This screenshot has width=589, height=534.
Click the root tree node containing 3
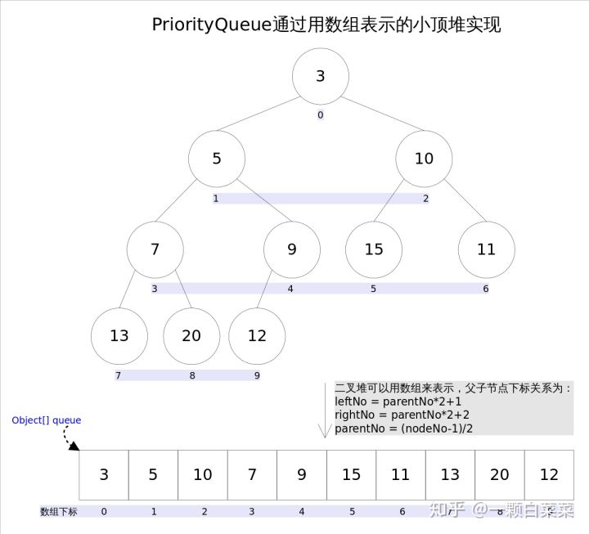coord(321,76)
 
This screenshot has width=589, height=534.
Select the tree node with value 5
coord(217,158)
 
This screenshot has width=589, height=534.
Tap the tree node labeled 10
coord(424,158)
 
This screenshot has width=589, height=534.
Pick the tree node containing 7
coord(155,249)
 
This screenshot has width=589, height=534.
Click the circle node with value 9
coord(292,249)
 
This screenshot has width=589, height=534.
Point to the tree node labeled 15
coord(374,249)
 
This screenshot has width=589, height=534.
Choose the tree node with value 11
coord(487,249)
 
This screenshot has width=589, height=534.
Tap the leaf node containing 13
coord(119,335)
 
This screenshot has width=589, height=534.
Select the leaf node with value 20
coord(191,335)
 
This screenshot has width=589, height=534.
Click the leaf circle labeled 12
coord(257,335)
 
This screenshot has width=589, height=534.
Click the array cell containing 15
coord(352,474)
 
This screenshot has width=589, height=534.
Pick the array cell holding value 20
coord(500,474)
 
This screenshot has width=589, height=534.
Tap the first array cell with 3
coord(104,474)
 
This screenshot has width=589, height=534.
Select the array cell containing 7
coord(253,474)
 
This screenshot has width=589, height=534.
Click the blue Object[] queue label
coord(47,420)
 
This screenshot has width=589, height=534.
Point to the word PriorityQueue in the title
coord(212,25)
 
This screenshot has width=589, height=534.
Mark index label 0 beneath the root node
coord(321,115)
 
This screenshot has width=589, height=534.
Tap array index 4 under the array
coord(302,512)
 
